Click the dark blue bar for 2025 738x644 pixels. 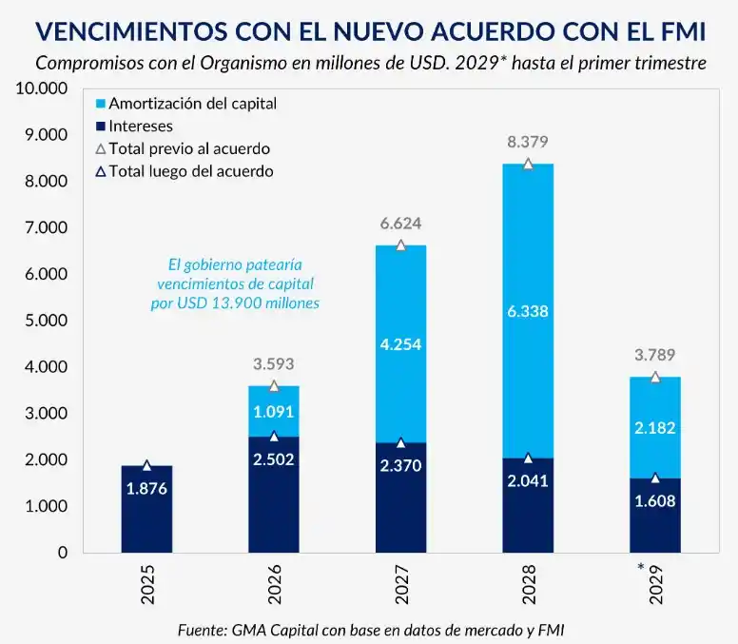pyautogui.click(x=146, y=509)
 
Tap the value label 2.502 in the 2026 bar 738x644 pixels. pyautogui.click(x=274, y=459)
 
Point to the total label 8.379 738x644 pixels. pyautogui.click(x=528, y=142)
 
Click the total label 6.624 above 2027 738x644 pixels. pyautogui.click(x=400, y=224)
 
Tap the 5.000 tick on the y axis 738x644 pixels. pyautogui.click(x=43, y=321)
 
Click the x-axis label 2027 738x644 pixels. pyautogui.click(x=400, y=584)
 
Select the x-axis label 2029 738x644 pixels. pyautogui.click(x=655, y=584)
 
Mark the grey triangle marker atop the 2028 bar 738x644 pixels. pyautogui.click(x=528, y=164)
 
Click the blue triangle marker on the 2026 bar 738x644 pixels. pyautogui.click(x=274, y=437)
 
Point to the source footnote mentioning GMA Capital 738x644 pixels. pyautogui.click(x=377, y=630)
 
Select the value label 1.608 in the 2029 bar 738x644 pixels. pyautogui.click(x=655, y=501)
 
